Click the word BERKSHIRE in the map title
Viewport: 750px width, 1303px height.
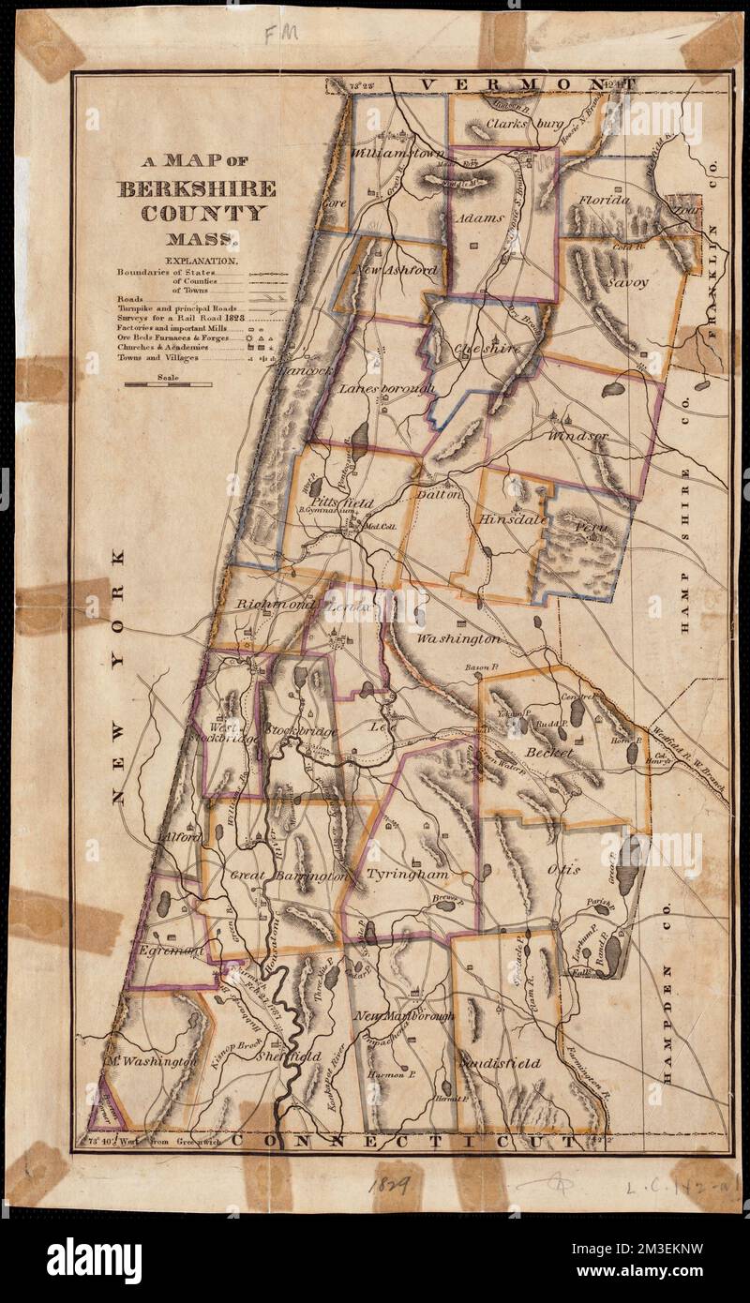tap(196, 188)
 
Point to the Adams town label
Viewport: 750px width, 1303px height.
tap(479, 217)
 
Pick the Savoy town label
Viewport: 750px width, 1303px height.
tap(626, 281)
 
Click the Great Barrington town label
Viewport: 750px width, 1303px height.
tap(290, 875)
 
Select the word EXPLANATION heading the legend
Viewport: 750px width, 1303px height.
tap(202, 260)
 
